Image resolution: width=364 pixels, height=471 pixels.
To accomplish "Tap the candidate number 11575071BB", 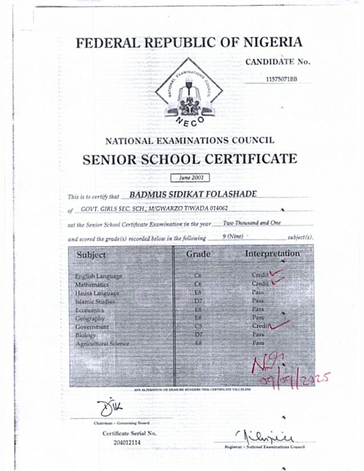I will click(282, 79).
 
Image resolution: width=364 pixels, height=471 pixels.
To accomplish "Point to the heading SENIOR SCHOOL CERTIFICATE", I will click(190, 159).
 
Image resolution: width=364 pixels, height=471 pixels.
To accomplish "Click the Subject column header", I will click(91, 255).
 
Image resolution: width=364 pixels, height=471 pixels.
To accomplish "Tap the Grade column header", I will click(198, 253).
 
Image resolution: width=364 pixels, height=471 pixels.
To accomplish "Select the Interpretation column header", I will click(273, 253).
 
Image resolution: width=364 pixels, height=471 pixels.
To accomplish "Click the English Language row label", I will click(98, 276).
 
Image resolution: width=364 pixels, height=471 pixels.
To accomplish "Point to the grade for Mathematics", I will click(199, 284).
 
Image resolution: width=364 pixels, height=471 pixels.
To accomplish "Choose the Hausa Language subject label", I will click(97, 292).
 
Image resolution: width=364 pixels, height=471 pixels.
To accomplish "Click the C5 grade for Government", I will click(198, 326).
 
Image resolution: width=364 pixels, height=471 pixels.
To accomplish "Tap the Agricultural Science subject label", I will click(102, 343).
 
